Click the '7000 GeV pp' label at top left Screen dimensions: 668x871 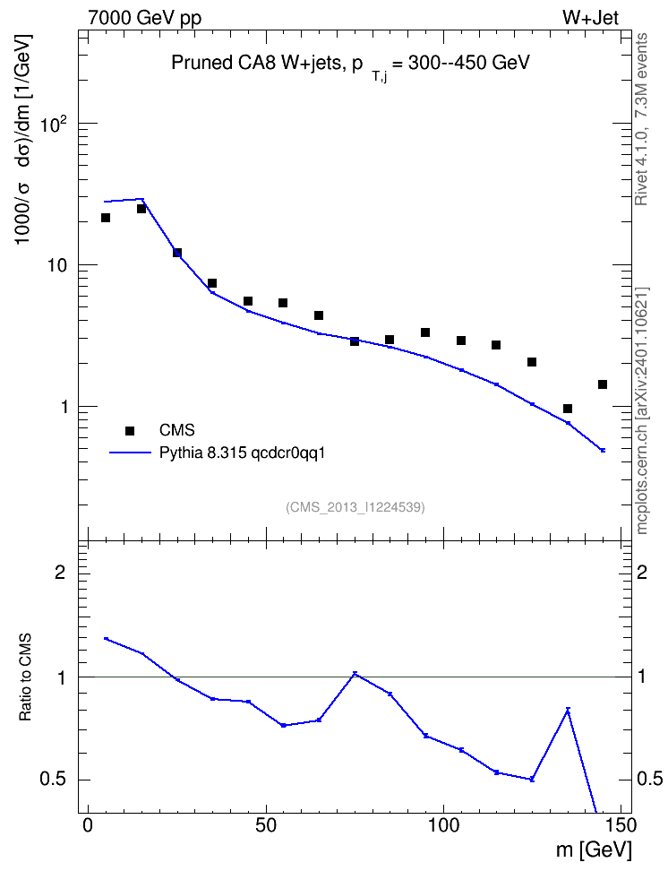(x=144, y=18)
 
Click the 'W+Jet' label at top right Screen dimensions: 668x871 (x=590, y=18)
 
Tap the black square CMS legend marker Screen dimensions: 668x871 (x=130, y=430)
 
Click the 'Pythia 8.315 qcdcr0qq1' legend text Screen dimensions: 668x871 (x=242, y=453)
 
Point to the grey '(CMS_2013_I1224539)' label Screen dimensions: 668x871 (x=355, y=507)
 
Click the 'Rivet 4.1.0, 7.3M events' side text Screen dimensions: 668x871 (x=641, y=119)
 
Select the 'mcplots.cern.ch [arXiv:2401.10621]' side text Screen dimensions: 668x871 (x=642, y=411)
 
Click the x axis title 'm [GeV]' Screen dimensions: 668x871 (x=594, y=850)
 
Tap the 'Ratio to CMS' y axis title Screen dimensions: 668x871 (x=25, y=677)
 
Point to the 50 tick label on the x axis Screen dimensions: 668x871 (x=266, y=825)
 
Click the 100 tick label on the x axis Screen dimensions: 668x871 (x=443, y=825)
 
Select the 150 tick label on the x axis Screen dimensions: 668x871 (x=621, y=825)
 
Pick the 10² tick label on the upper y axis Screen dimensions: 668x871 (x=55, y=124)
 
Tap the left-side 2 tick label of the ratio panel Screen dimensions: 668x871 (x=60, y=572)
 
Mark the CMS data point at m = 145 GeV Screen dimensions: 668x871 (x=603, y=384)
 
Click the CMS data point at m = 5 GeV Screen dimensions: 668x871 (x=106, y=218)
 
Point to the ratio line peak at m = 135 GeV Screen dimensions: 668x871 (x=568, y=710)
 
